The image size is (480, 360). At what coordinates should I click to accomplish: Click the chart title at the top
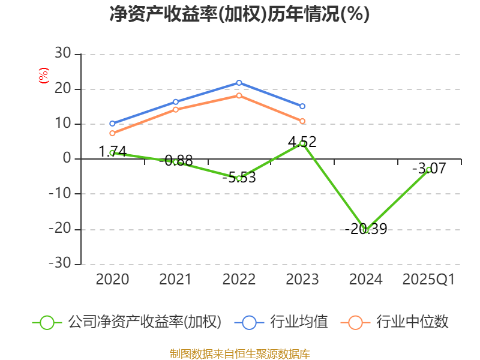point(239,14)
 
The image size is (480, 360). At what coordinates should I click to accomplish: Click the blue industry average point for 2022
point(239,83)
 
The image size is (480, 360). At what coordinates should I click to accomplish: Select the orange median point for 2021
point(176,109)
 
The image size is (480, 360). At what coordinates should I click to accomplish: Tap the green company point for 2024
point(365,229)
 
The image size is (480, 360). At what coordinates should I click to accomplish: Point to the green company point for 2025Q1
point(429,170)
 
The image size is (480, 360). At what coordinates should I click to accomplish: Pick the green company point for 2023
point(302,143)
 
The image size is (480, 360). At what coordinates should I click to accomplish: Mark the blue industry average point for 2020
point(112,124)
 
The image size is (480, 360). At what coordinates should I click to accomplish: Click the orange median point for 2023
point(302,121)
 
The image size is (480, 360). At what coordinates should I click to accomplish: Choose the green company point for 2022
point(239,178)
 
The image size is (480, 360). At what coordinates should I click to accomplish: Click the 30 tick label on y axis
point(62,54)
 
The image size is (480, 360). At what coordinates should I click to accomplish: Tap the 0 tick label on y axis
point(67,159)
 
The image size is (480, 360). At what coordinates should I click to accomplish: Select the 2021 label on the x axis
point(176,280)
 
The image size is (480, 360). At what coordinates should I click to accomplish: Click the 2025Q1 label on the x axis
point(429,280)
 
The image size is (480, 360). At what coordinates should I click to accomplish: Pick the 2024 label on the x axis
point(365,280)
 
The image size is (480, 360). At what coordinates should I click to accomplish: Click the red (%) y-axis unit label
point(43,76)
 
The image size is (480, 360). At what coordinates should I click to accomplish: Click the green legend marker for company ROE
point(47,322)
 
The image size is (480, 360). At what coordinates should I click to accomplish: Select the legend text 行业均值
point(299,322)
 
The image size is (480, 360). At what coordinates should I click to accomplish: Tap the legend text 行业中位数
point(412,322)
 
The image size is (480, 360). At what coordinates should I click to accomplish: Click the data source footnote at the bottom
point(239,353)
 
